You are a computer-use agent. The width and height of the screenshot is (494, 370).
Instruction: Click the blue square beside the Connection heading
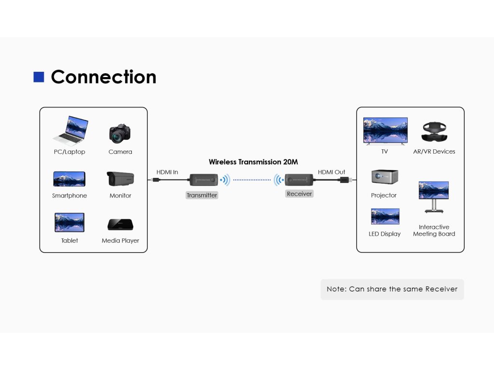[x=39, y=77]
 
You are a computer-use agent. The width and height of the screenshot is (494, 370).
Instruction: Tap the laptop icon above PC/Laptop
[x=70, y=131]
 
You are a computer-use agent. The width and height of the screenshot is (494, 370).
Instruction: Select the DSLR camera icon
[x=120, y=133]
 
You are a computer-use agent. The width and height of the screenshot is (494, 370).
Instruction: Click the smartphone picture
[x=69, y=179]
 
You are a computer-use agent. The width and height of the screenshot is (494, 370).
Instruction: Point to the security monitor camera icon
[x=120, y=179]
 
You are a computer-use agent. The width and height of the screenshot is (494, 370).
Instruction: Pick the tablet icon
[x=69, y=223]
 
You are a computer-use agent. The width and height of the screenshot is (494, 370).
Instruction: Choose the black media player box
[x=120, y=225]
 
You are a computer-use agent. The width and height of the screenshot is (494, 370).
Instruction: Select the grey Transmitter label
[x=202, y=196]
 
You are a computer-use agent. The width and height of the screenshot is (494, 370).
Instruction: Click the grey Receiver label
[x=299, y=194]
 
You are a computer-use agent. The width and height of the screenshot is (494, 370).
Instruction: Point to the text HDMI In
[x=167, y=172]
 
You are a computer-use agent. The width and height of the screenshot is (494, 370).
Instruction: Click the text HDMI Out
[x=331, y=172]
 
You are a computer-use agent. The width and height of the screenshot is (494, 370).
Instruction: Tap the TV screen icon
[x=385, y=131]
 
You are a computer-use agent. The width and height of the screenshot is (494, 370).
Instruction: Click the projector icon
[x=384, y=177]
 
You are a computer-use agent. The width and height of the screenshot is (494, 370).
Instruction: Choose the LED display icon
[x=385, y=216]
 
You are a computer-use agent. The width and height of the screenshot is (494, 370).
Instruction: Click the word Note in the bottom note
[x=336, y=289]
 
